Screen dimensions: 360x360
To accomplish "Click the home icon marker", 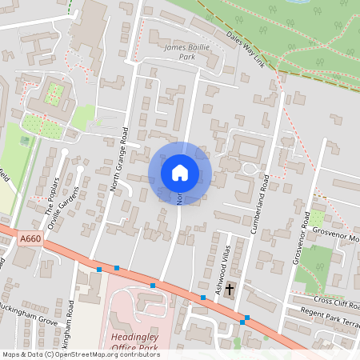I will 179,173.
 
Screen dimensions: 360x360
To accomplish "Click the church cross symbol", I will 230,289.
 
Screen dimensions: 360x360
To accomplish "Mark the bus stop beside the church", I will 203,298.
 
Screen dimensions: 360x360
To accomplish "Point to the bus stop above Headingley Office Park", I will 152,284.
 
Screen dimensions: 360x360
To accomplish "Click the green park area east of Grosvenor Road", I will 313,268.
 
